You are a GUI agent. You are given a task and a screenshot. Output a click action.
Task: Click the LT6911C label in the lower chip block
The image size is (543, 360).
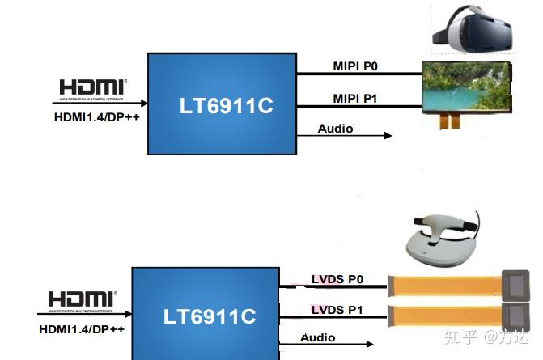(210, 316)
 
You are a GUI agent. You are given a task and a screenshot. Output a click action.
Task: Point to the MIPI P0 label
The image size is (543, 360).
(356, 66)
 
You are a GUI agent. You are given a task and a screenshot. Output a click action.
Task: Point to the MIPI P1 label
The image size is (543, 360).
(356, 99)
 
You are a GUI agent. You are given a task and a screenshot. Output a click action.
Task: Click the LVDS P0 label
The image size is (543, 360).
(337, 280)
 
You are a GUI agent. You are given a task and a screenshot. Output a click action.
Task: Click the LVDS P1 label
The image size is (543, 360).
(337, 310)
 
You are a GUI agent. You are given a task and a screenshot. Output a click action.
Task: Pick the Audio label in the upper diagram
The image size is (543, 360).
(335, 129)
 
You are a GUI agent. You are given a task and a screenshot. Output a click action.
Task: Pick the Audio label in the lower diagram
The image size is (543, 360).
(318, 337)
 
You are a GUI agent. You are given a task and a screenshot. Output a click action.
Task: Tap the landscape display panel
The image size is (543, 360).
(466, 89)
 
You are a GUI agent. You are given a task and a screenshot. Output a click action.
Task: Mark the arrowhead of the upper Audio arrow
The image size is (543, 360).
(388, 136)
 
